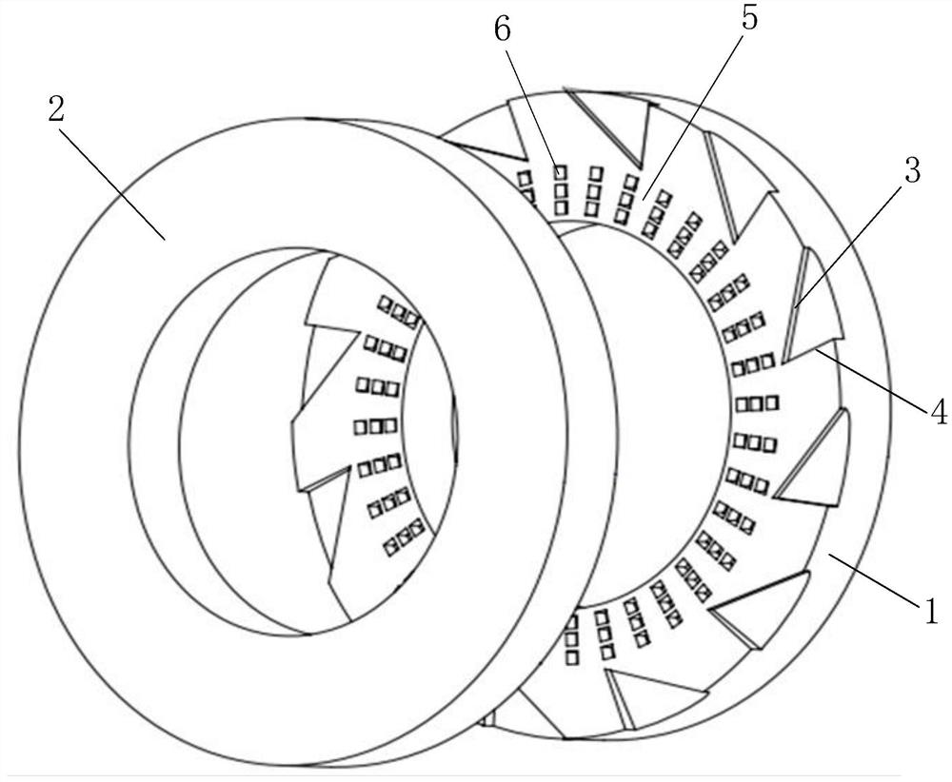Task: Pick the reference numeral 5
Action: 749,18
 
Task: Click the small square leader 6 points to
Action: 560,171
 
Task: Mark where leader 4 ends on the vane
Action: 818,349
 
